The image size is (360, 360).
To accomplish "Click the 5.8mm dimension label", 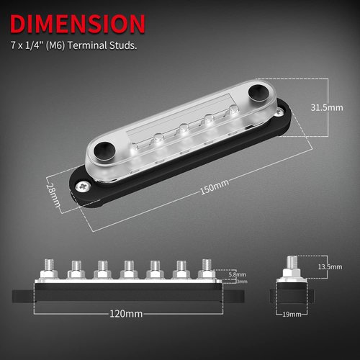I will (x=235, y=274).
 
